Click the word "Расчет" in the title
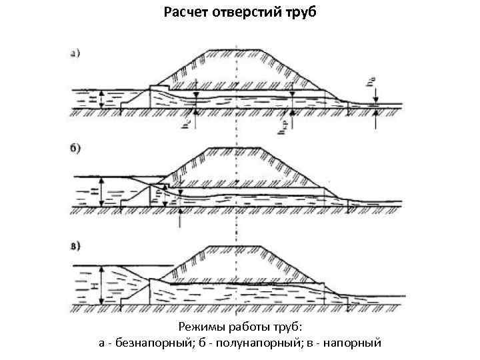184,12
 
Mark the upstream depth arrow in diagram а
100,99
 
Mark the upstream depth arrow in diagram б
101,192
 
